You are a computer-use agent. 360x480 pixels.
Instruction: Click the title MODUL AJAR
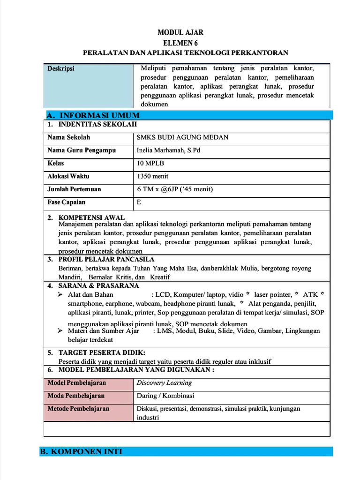[x=180, y=32]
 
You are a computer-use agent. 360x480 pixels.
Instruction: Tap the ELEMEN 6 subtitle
[x=180, y=42]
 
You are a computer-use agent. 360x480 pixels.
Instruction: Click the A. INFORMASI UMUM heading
[x=93, y=115]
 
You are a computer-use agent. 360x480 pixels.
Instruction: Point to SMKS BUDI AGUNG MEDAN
[x=182, y=137]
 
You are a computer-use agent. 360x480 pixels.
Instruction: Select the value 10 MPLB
[x=150, y=164]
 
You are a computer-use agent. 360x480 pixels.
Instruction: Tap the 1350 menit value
[x=152, y=177]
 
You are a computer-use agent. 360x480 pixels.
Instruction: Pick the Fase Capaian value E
[x=139, y=202]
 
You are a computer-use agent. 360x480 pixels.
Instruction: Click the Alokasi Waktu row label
[x=68, y=177]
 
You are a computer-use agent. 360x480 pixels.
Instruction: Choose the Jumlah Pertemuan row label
[x=74, y=189]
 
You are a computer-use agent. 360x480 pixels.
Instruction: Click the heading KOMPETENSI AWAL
[x=91, y=217]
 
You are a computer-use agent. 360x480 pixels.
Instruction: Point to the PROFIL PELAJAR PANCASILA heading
[x=106, y=259]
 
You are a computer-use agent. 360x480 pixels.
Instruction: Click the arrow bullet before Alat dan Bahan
[x=60, y=294]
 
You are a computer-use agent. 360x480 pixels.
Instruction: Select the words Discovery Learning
[x=164, y=382]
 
